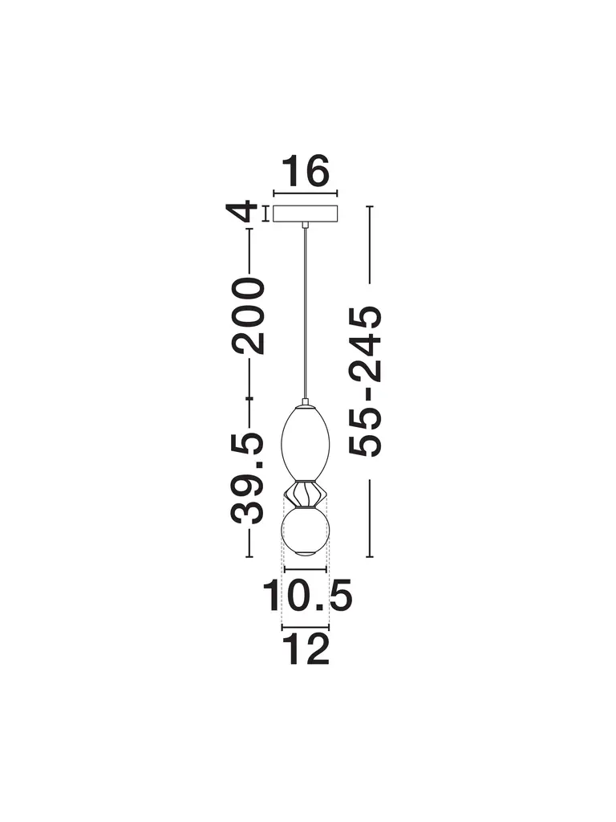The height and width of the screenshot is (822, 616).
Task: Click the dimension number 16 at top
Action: (x=306, y=170)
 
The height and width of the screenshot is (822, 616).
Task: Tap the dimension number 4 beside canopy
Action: (x=242, y=212)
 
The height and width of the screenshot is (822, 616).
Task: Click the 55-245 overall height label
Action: (x=366, y=381)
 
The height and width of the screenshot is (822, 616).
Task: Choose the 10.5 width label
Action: (x=307, y=596)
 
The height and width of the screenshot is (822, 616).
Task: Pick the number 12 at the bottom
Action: (x=306, y=649)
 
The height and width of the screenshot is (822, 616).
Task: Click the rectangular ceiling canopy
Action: (x=306, y=214)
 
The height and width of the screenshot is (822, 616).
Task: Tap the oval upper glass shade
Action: (x=306, y=442)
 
